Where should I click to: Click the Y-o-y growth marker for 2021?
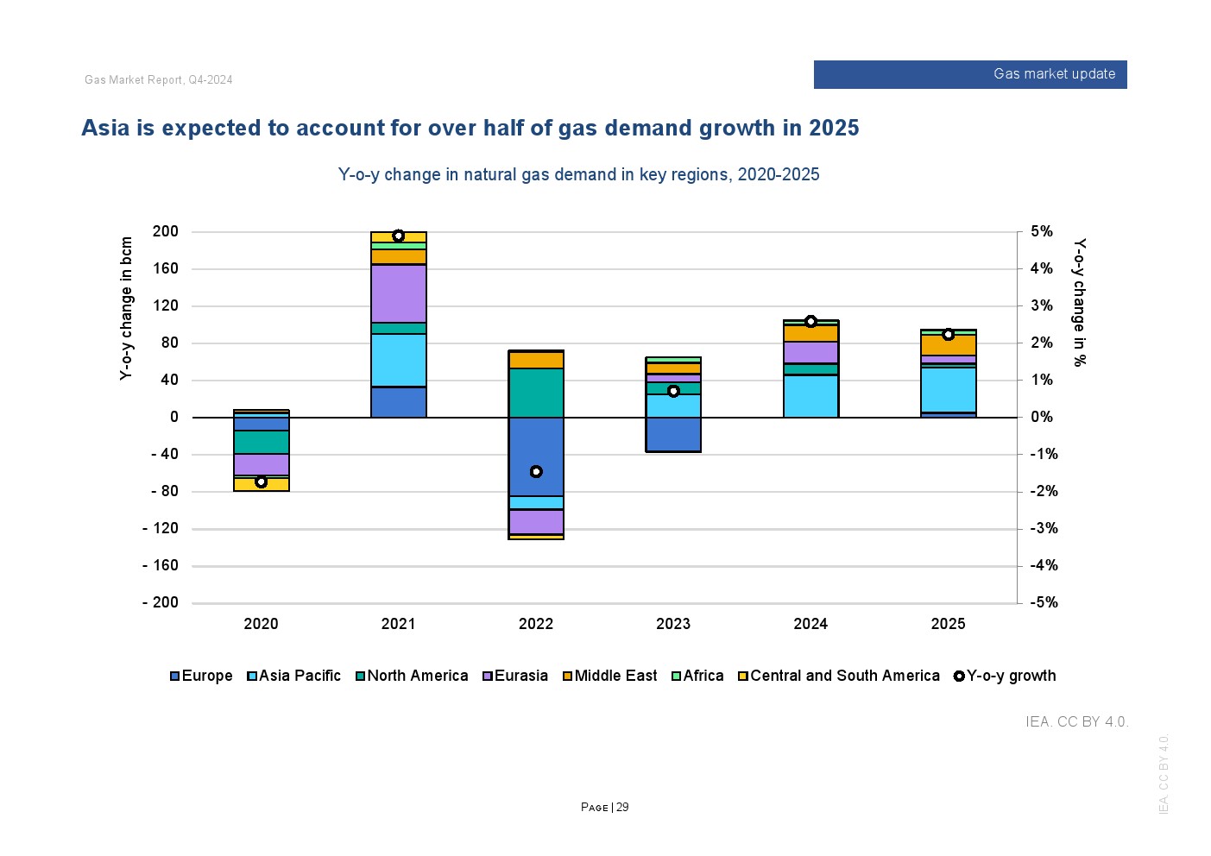click(398, 236)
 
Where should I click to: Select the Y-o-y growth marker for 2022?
click(536, 471)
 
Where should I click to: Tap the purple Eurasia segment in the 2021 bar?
click(399, 293)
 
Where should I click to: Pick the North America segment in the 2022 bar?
click(536, 393)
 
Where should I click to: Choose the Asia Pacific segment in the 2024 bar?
click(810, 396)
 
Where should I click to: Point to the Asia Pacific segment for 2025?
click(948, 390)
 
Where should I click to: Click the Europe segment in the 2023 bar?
click(673, 434)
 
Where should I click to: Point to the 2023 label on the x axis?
click(673, 624)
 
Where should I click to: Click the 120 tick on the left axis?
click(165, 305)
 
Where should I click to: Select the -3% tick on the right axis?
click(1042, 528)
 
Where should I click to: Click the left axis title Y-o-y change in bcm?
click(127, 308)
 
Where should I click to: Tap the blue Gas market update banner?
click(970, 74)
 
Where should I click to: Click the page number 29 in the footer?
click(622, 808)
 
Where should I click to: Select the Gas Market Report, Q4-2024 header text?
click(159, 80)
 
